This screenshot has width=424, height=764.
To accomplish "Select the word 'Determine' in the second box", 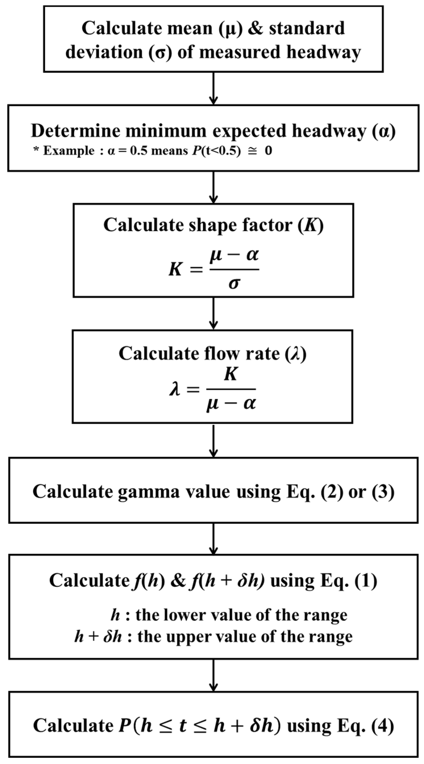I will (76, 131).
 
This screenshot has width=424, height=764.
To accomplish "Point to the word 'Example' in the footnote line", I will (69, 151).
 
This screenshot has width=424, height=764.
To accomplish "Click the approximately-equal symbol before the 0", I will (253, 151).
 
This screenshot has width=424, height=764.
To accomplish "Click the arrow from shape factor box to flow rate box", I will (214, 313).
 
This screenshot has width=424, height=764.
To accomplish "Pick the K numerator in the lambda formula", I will (231, 374).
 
